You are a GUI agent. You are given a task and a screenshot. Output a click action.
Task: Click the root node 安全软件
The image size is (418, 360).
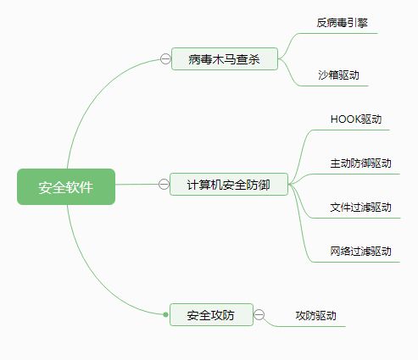[66, 186]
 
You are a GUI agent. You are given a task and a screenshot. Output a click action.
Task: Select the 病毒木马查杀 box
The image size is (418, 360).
[225, 58]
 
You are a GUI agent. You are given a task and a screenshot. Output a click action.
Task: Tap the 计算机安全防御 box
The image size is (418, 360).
[229, 184]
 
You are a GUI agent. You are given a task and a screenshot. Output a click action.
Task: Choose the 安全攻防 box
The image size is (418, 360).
[211, 314]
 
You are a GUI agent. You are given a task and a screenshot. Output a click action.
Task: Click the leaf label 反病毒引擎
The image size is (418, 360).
[342, 23]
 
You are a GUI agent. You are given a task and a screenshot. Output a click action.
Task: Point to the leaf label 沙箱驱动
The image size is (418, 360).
[338, 75]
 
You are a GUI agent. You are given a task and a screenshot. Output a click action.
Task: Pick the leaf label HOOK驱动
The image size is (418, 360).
[356, 119]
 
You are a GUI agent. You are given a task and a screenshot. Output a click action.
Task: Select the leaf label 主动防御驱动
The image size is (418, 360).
[360, 163]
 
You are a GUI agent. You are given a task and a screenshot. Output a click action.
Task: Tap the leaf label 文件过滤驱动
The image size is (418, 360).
[360, 208]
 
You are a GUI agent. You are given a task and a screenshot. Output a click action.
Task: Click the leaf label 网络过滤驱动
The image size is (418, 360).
[360, 251]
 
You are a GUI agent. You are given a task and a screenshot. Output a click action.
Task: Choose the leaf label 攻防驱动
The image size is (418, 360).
[315, 315]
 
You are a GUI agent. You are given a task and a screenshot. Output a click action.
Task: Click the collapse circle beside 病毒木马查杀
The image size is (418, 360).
[165, 59]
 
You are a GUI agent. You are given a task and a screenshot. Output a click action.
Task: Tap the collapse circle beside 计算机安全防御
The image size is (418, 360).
[164, 184]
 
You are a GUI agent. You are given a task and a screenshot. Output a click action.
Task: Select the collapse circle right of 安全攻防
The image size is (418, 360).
[259, 314]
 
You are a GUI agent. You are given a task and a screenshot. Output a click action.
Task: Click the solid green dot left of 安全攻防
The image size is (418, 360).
[165, 314]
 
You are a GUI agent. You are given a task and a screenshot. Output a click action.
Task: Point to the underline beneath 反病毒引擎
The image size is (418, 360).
[337, 33]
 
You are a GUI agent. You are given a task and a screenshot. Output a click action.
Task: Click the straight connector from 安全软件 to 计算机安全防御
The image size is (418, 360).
[137, 185]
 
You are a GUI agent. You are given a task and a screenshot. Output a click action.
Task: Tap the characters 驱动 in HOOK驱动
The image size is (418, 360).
[371, 119]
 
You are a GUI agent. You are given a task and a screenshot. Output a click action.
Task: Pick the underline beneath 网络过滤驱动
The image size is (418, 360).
[356, 262]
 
